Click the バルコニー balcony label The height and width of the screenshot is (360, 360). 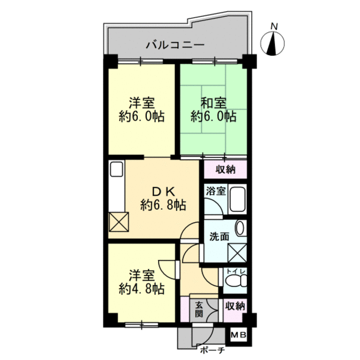point(175,44)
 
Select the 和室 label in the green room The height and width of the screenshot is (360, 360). point(214,103)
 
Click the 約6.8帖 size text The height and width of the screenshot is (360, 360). point(163,205)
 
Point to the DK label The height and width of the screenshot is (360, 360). point(164,191)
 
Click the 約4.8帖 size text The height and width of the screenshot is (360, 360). point(142,289)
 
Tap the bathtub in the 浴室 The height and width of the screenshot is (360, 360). point(237,199)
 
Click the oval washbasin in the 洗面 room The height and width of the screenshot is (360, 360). point(240,228)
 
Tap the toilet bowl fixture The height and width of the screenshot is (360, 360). point(236,280)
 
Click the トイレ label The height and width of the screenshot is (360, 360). point(236,271)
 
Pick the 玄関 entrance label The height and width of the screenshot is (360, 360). point(199,309)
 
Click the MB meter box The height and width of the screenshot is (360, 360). point(238,335)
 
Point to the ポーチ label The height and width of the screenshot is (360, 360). point(212,350)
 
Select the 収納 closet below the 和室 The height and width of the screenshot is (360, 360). point(225,169)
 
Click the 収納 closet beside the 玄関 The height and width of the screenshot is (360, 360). point(235,306)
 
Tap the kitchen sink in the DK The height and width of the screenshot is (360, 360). point(116,169)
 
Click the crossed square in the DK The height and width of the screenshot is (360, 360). point(119,222)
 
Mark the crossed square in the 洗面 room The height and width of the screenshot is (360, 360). point(237,253)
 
